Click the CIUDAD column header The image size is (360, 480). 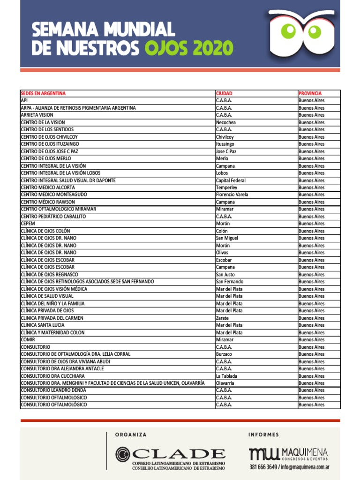(224, 93)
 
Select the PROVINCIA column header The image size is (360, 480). (310, 93)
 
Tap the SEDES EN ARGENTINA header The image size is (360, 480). (43, 93)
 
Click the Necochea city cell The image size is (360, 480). (226, 122)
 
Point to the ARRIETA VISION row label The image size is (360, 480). (37, 115)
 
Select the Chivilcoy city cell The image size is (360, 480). (225, 137)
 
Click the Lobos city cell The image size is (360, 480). (222, 173)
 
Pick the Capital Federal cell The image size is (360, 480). (231, 180)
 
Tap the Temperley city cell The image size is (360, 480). (227, 187)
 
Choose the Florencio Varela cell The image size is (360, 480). (232, 195)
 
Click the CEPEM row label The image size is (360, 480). (28, 224)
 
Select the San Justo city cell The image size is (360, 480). (225, 275)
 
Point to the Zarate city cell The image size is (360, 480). (222, 318)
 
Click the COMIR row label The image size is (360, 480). (28, 340)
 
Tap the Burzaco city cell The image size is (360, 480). (224, 354)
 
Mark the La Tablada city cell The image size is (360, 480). (226, 376)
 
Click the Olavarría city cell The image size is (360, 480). (225, 383)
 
